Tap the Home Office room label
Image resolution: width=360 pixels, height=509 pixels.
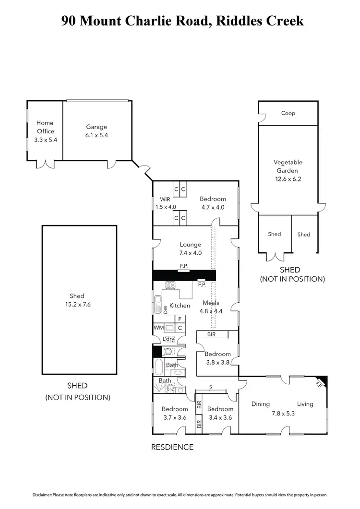(x=45, y=127)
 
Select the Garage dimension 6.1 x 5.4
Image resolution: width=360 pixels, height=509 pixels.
(x=96, y=135)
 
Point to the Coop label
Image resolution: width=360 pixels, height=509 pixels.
(x=288, y=113)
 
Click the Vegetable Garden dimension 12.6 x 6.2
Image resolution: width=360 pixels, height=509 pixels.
(x=288, y=179)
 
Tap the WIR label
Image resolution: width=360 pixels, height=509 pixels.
(x=165, y=199)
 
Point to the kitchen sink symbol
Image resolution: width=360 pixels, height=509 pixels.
(x=158, y=301)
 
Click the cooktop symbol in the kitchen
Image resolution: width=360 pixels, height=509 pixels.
(x=171, y=285)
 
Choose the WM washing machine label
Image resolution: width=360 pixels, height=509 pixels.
(x=158, y=328)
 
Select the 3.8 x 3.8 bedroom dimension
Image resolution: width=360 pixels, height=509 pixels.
(x=218, y=363)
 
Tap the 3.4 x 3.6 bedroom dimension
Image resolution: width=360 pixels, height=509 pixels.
(x=220, y=417)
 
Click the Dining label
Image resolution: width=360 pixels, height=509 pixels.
(x=261, y=404)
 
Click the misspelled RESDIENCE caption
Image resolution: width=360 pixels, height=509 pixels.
(x=172, y=447)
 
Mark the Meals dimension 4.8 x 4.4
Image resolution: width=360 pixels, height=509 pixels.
(x=211, y=311)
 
